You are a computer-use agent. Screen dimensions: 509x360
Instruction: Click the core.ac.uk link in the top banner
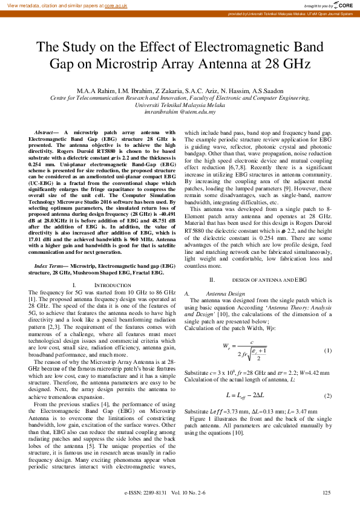click(x=116, y=5)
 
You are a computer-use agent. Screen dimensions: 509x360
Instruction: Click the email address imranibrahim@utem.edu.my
click(x=180, y=112)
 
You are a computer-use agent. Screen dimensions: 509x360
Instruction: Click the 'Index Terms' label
click(x=49, y=266)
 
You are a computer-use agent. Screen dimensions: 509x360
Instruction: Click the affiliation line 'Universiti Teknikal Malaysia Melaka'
click(x=180, y=105)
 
